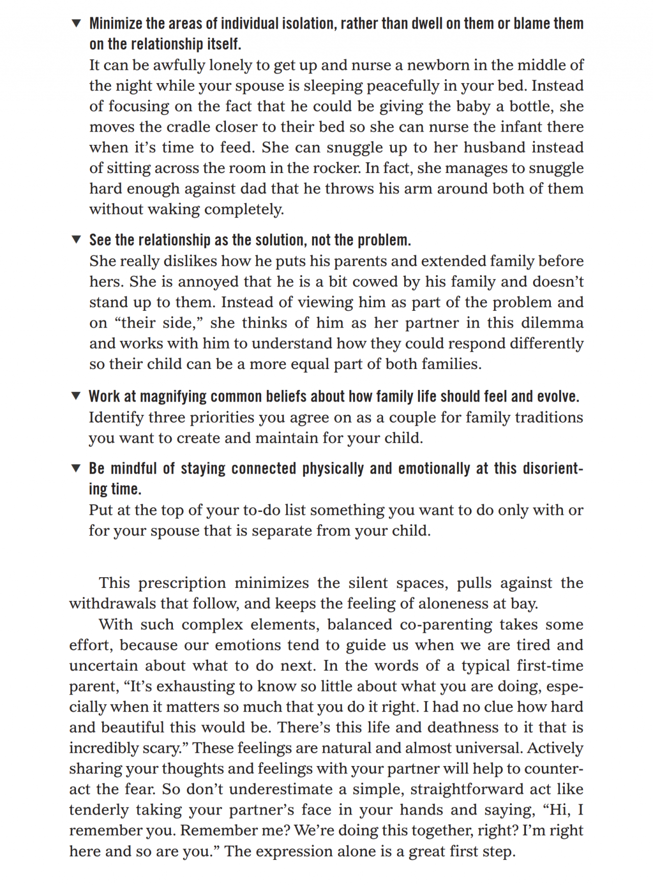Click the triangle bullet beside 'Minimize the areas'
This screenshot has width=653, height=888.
point(76,23)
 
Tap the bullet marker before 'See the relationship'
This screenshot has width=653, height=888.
point(76,240)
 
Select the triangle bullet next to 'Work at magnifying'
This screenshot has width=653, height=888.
point(76,396)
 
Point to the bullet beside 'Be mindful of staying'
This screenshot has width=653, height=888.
point(76,468)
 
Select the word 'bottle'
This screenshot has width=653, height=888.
point(530,106)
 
